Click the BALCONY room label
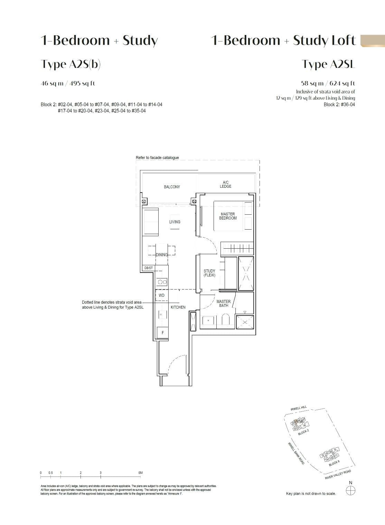click(172, 187)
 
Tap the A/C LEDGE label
click(225, 185)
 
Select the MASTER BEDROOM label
click(228, 216)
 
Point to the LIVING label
click(175, 222)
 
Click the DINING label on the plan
click(161, 255)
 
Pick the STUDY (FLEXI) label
click(209, 273)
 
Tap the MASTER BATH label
click(224, 303)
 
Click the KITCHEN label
click(178, 307)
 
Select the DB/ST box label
click(148, 268)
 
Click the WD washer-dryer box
click(161, 295)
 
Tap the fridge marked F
click(162, 333)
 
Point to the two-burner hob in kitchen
click(162, 282)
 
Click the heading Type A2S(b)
click(71, 64)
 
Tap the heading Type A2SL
click(328, 64)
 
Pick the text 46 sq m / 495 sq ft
click(68, 83)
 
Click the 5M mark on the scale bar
click(140, 473)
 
